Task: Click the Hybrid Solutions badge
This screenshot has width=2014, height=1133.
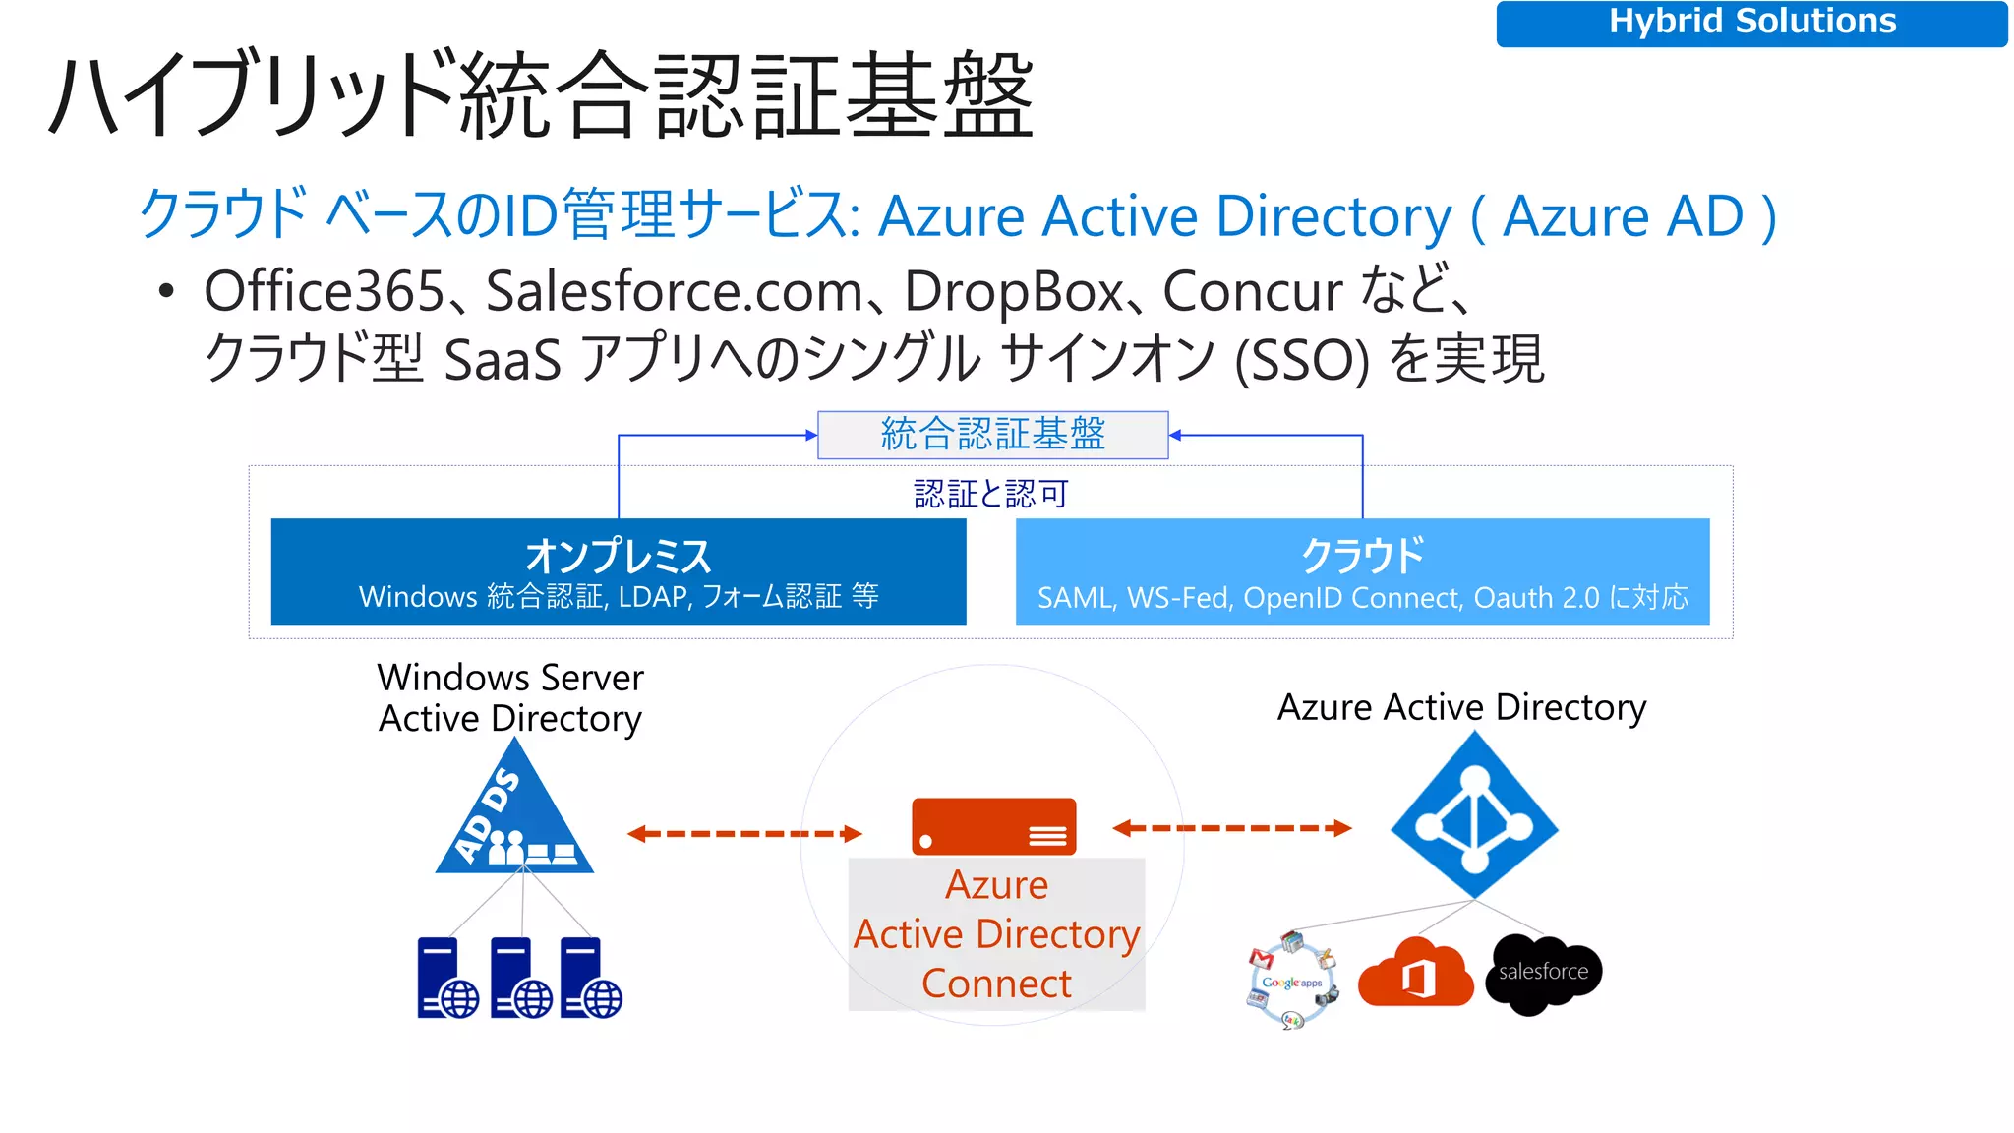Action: [x=1751, y=23]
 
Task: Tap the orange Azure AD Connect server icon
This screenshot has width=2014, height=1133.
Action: [x=993, y=826]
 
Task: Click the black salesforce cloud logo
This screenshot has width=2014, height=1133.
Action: [x=1543, y=973]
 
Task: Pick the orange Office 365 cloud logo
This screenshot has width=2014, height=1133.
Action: [x=1415, y=974]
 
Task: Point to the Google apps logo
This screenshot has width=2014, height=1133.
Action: [x=1291, y=981]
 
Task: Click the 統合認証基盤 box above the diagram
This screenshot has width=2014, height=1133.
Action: [x=992, y=435]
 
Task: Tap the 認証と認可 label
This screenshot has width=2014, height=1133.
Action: [x=990, y=494]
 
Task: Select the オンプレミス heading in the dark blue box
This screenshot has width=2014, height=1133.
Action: [x=618, y=556]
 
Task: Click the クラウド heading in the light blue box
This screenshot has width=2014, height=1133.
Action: [x=1362, y=556]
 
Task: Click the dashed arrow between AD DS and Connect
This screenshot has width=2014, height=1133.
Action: [x=744, y=834]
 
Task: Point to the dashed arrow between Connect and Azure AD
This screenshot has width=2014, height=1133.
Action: [x=1231, y=828]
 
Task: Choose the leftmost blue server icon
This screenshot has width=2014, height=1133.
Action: [x=446, y=978]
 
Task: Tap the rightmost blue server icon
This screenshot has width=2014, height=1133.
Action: [x=590, y=978]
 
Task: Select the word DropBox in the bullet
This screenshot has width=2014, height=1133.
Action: [x=1013, y=292]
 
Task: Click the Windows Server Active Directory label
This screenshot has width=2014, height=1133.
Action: [x=510, y=698]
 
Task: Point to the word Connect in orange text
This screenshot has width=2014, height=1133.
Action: [x=996, y=984]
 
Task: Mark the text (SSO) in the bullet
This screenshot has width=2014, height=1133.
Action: [x=1301, y=361]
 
